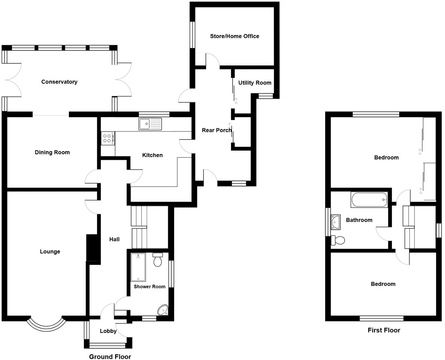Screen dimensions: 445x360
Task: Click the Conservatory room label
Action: point(59,82)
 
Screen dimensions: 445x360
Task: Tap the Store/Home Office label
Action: point(234,36)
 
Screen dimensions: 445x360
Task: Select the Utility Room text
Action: point(255,83)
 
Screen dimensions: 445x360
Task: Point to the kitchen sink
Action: point(150,124)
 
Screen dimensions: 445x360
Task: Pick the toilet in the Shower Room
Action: point(158,260)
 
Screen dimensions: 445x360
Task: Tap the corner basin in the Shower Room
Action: point(163,310)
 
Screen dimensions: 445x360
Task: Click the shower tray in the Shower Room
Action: point(138,267)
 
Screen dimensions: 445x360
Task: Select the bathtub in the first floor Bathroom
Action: point(369,200)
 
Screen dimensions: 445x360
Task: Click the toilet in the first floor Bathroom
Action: point(338,240)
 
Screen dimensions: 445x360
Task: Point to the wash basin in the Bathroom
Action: point(336,222)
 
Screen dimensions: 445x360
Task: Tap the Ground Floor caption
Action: point(110,357)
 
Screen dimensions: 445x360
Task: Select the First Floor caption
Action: point(384,330)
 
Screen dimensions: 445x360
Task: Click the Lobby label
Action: point(108,331)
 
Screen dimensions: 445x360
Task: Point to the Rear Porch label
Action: point(217,130)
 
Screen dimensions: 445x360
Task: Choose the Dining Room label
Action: point(52,152)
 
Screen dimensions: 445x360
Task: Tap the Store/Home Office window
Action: point(192,35)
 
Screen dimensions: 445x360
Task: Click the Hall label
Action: point(114,239)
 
